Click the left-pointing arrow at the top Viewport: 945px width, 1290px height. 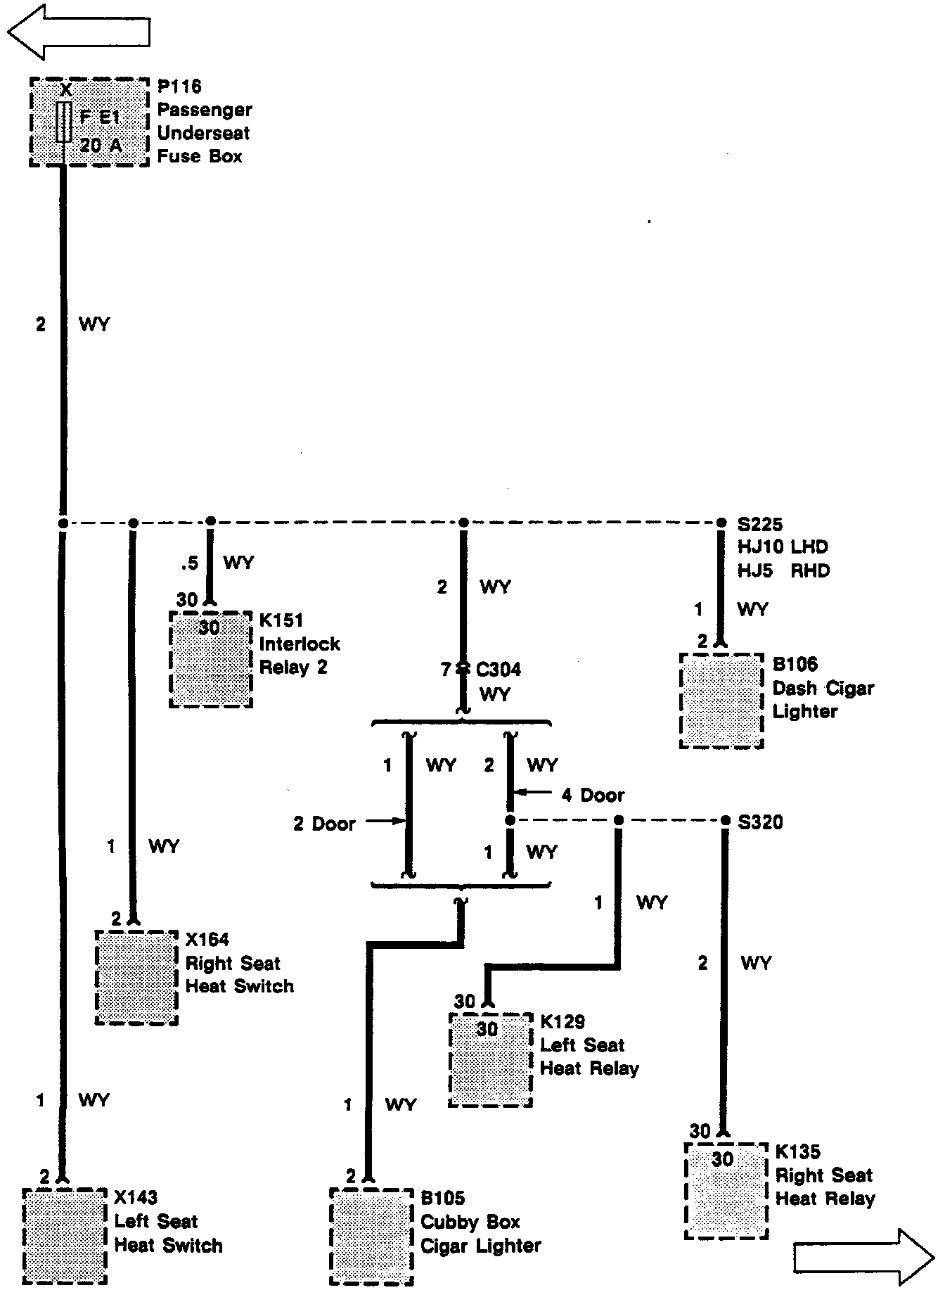pyautogui.click(x=79, y=32)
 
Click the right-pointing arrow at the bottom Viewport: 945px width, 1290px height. pyautogui.click(x=864, y=1256)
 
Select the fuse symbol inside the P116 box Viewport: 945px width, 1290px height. pyautogui.click(x=65, y=121)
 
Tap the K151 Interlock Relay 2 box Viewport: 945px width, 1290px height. pyautogui.click(x=210, y=659)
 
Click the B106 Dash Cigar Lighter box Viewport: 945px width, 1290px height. pyautogui.click(x=721, y=701)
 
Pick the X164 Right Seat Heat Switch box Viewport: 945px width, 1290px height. pyautogui.click(x=136, y=978)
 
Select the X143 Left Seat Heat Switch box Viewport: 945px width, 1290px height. pyautogui.click(x=65, y=1236)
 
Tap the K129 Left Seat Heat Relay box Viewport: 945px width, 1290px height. pyautogui.click(x=491, y=1060)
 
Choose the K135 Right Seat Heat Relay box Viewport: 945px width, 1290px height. pyautogui.click(x=726, y=1190)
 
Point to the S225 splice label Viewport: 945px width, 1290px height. pyautogui.click(x=760, y=525)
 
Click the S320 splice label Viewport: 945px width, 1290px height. pyautogui.click(x=761, y=822)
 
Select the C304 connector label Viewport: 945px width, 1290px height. pyautogui.click(x=499, y=669)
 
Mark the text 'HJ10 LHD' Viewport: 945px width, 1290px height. pyautogui.click(x=783, y=547)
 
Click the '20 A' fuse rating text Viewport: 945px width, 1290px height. pyautogui.click(x=101, y=145)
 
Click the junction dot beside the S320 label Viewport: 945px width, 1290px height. pyautogui.click(x=726, y=820)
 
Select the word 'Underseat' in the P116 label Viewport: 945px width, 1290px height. pyautogui.click(x=204, y=133)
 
